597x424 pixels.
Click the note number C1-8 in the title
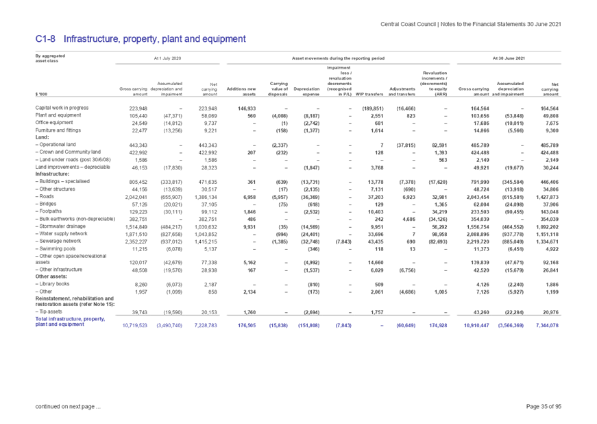[45, 39]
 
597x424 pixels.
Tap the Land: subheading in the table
[39, 135]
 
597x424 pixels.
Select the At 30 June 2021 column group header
[509, 59]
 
